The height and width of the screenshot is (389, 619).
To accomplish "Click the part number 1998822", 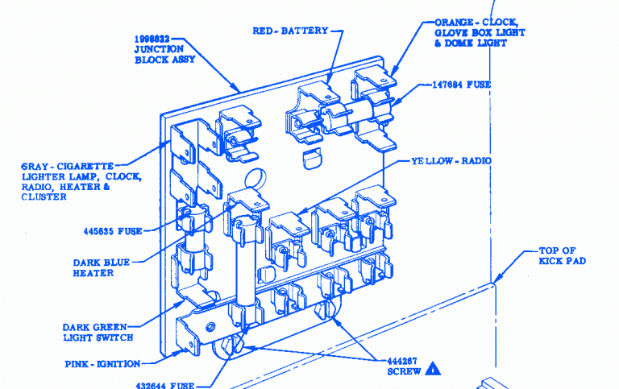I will click(x=153, y=39).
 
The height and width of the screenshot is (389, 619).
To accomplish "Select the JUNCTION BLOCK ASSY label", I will click(x=160, y=54).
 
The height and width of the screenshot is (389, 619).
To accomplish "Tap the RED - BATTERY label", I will click(x=290, y=31).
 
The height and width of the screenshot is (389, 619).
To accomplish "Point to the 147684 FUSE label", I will click(x=462, y=84).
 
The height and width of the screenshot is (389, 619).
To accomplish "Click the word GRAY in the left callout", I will click(x=36, y=166).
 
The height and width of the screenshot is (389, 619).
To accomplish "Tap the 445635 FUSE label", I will click(x=112, y=231).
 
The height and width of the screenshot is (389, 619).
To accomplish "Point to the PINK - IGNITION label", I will click(x=102, y=364).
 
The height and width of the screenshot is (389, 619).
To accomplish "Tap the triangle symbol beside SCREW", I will click(x=434, y=370).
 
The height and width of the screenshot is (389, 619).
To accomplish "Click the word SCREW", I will click(x=401, y=372).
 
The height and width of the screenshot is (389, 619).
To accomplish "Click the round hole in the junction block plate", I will click(x=253, y=177).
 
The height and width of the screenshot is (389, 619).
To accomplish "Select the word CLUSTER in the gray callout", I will click(x=44, y=197).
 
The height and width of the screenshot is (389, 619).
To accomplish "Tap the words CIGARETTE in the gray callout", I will click(x=85, y=166).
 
